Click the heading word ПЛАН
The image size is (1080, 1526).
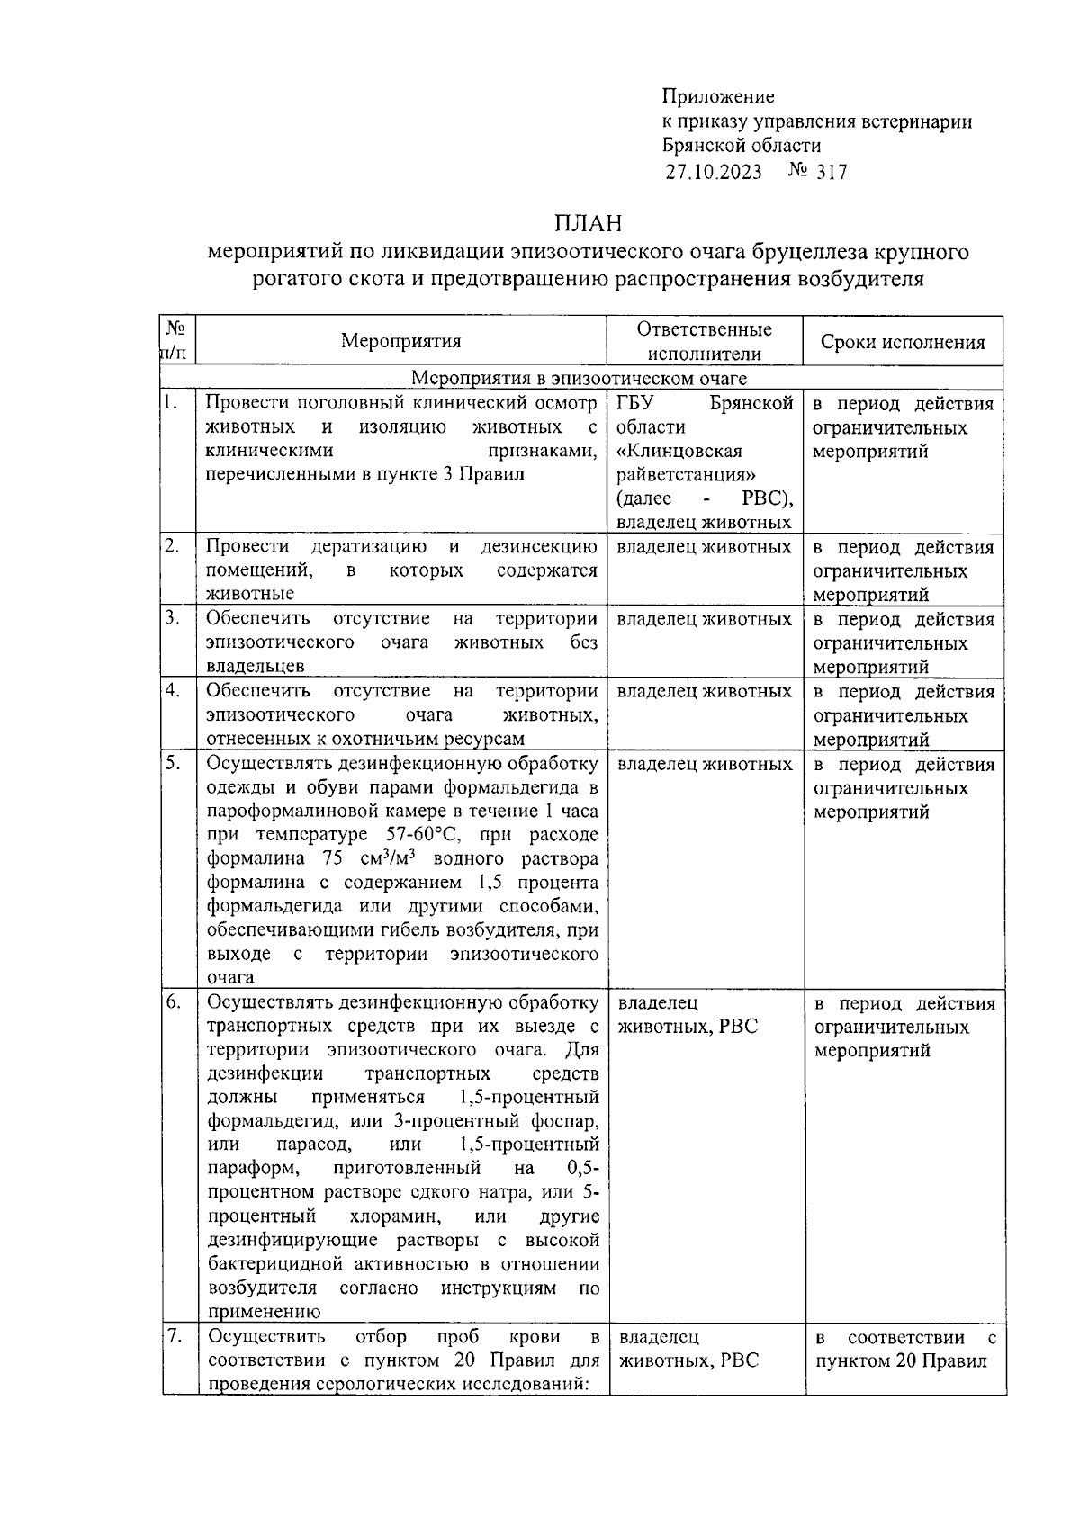[588, 222]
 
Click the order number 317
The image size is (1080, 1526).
[831, 172]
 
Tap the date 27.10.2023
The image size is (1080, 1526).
[713, 172]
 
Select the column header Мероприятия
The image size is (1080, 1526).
[400, 341]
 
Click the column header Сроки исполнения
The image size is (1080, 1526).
[903, 342]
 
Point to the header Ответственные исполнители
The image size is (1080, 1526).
[704, 341]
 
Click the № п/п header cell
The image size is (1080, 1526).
[177, 341]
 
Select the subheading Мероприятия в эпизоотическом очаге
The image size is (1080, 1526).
[580, 379]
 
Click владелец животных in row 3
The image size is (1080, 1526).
[704, 619]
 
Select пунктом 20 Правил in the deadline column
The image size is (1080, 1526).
[901, 1360]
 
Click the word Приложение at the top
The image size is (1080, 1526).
[717, 96]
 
